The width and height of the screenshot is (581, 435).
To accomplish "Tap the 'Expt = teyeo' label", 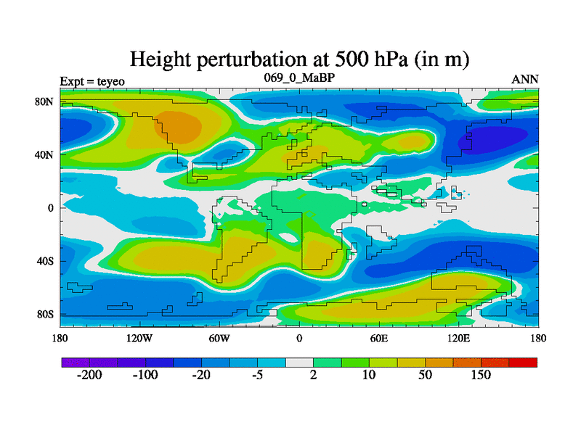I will click(92, 80).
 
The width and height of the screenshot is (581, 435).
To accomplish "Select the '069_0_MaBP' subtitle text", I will click(298, 78).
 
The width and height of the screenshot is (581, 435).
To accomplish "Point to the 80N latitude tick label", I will click(46, 102).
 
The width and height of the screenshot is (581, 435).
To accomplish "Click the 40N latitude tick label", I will click(46, 155).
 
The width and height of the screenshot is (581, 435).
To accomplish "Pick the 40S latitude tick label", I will click(46, 261).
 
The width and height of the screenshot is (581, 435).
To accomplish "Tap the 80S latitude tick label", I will click(46, 315).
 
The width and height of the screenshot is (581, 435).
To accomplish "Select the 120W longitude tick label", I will click(139, 339).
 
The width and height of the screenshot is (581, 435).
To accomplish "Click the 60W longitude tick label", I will click(219, 339).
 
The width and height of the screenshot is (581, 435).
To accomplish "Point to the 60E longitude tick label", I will click(379, 339).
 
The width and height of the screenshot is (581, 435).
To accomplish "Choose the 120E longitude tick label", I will click(459, 339).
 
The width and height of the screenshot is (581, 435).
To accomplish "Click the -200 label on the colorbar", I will click(89, 376).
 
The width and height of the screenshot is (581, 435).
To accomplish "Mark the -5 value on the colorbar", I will click(258, 376).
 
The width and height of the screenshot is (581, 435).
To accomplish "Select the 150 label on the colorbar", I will click(482, 376).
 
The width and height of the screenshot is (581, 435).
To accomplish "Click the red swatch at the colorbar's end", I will click(524, 362).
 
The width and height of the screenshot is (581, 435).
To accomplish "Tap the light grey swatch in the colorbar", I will click(299, 362).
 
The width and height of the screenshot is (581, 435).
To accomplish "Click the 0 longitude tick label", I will click(299, 339).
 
